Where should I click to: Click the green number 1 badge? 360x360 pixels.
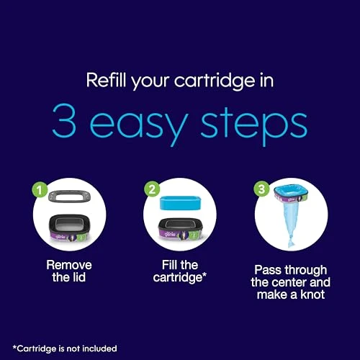click(40, 190)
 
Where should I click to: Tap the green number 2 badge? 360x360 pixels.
click(152, 189)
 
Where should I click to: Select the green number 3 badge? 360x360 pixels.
click(261, 189)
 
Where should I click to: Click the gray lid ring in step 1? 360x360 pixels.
click(70, 196)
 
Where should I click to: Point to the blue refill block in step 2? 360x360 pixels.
click(181, 203)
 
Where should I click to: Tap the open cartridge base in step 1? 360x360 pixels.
click(70, 228)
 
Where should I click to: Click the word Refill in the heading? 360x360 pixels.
click(106, 80)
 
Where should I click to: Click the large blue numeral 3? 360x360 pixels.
click(64, 120)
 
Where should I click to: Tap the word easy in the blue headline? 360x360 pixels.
click(138, 125)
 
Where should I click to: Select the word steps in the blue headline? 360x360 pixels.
click(254, 125)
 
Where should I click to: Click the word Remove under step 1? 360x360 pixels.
click(69, 265)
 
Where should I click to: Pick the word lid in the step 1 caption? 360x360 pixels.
click(77, 277)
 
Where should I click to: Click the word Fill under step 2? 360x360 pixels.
click(169, 265)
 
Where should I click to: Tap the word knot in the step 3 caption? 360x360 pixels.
click(312, 294)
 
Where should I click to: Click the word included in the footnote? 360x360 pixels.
click(99, 348)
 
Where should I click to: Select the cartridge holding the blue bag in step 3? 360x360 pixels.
click(291, 194)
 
